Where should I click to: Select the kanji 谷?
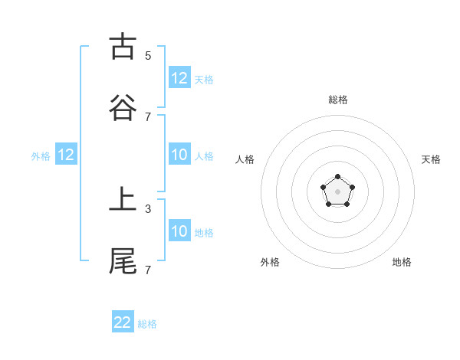coord(123,107)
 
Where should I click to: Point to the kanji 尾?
coord(123,260)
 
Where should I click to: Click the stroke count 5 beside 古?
coord(148,55)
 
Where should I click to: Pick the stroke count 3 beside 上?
coord(148,208)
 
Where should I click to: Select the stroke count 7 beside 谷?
coord(148,116)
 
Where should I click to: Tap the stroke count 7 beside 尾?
coord(148,270)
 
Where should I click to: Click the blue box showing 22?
coord(123,322)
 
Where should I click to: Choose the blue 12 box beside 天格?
coord(179,78)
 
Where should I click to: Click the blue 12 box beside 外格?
coord(66,155)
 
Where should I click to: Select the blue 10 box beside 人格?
coord(179,155)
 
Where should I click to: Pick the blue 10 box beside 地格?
coord(179,231)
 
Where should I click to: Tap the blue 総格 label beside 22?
coord(147,324)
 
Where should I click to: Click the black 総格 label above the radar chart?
coord(338,100)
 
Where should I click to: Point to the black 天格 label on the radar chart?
coord(431,159)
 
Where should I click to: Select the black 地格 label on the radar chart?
coord(402,262)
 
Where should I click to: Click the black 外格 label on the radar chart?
coord(270,262)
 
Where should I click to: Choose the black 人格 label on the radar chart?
coord(245,159)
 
